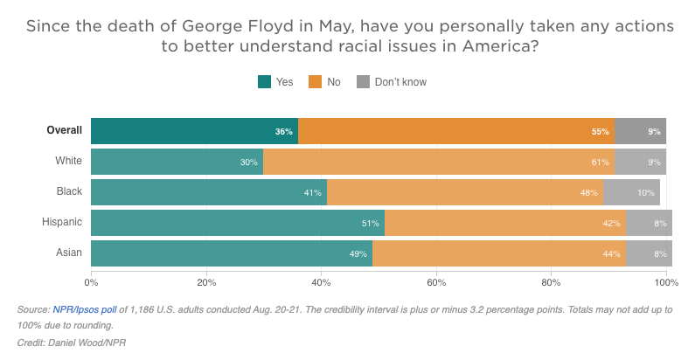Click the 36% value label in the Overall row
coord(283,131)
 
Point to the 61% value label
coord(601,162)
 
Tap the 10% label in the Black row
coord(646,192)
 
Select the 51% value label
coord(371,223)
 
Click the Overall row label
coord(65,131)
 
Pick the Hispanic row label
coord(61,223)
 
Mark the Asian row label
coord(68,253)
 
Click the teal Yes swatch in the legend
coord(264,82)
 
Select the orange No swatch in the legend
coord(315,82)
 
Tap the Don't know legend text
coord(400,82)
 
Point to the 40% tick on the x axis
coord(322,282)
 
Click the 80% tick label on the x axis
coord(551,282)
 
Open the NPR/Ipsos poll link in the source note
coord(91,310)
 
